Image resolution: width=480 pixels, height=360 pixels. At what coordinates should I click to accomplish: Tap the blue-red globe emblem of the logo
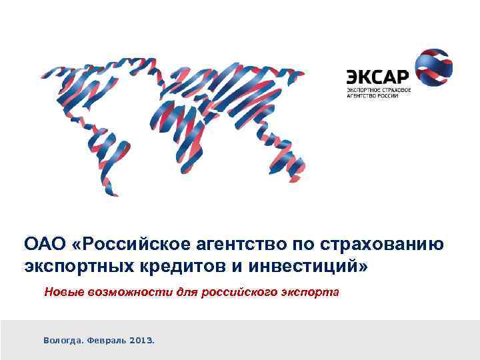(434, 69)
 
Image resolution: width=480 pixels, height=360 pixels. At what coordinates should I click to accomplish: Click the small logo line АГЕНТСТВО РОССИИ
(372, 96)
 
